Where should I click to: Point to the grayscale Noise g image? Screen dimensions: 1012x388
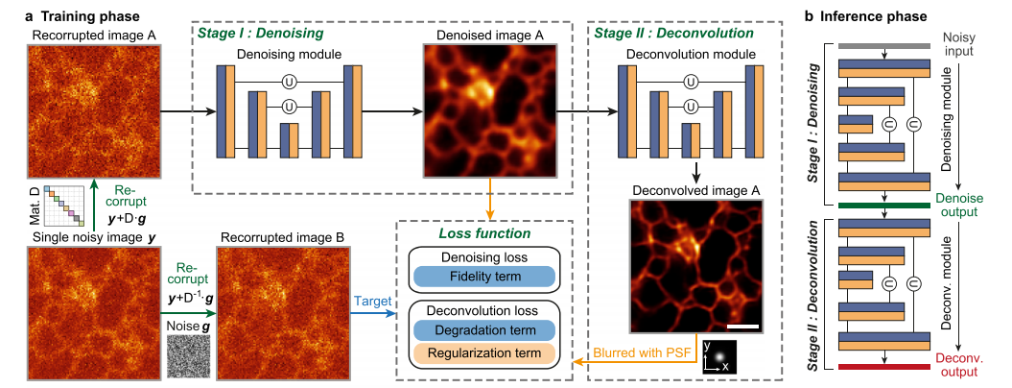tap(188, 356)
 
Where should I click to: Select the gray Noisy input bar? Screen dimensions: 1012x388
tap(883, 46)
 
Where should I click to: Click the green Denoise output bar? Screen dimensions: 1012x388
tap(883, 206)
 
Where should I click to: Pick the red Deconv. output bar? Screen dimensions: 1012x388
tap(883, 367)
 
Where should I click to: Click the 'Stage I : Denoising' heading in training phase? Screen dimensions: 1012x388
tap(261, 31)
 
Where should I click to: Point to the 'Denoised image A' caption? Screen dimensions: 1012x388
tap(489, 35)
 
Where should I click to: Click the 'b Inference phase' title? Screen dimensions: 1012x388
tap(865, 14)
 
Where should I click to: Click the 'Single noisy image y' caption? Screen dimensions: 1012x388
tap(94, 238)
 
